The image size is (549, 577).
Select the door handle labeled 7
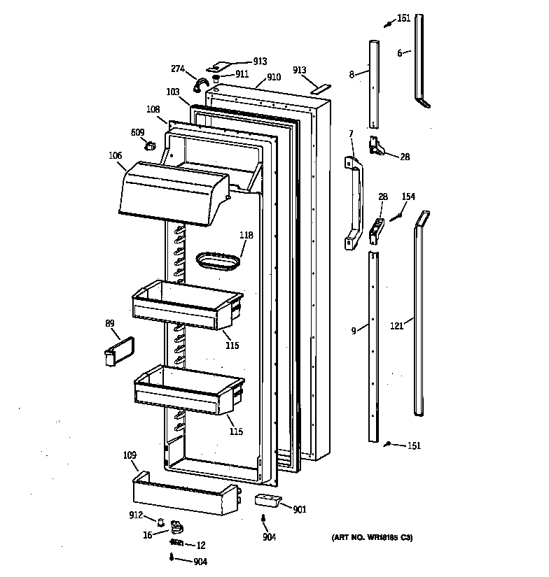[354, 203]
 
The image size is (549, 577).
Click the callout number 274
[178, 69]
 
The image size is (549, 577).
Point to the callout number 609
[137, 132]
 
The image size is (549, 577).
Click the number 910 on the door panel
[273, 78]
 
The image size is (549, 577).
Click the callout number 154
[408, 197]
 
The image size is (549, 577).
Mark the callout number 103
[172, 92]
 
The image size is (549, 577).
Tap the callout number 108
[153, 109]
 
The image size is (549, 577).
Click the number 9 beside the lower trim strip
[355, 329]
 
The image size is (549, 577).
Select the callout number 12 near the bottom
[200, 545]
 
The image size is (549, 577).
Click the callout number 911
[242, 73]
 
